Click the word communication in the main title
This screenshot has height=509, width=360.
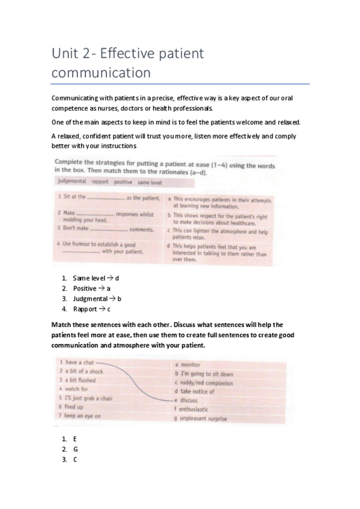[100, 73]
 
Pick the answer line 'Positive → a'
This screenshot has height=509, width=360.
[91, 289]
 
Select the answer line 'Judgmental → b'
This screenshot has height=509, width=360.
[97, 298]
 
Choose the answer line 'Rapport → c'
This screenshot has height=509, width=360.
[91, 309]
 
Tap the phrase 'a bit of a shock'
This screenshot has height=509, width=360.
[84, 372]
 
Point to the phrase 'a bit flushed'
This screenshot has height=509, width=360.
[80, 381]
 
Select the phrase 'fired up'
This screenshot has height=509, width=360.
[75, 407]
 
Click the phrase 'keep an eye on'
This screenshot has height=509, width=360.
[82, 416]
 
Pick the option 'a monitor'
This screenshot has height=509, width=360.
[188, 364]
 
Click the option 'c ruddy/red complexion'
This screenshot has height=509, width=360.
[204, 382]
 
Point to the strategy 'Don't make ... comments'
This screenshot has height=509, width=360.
[106, 229]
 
